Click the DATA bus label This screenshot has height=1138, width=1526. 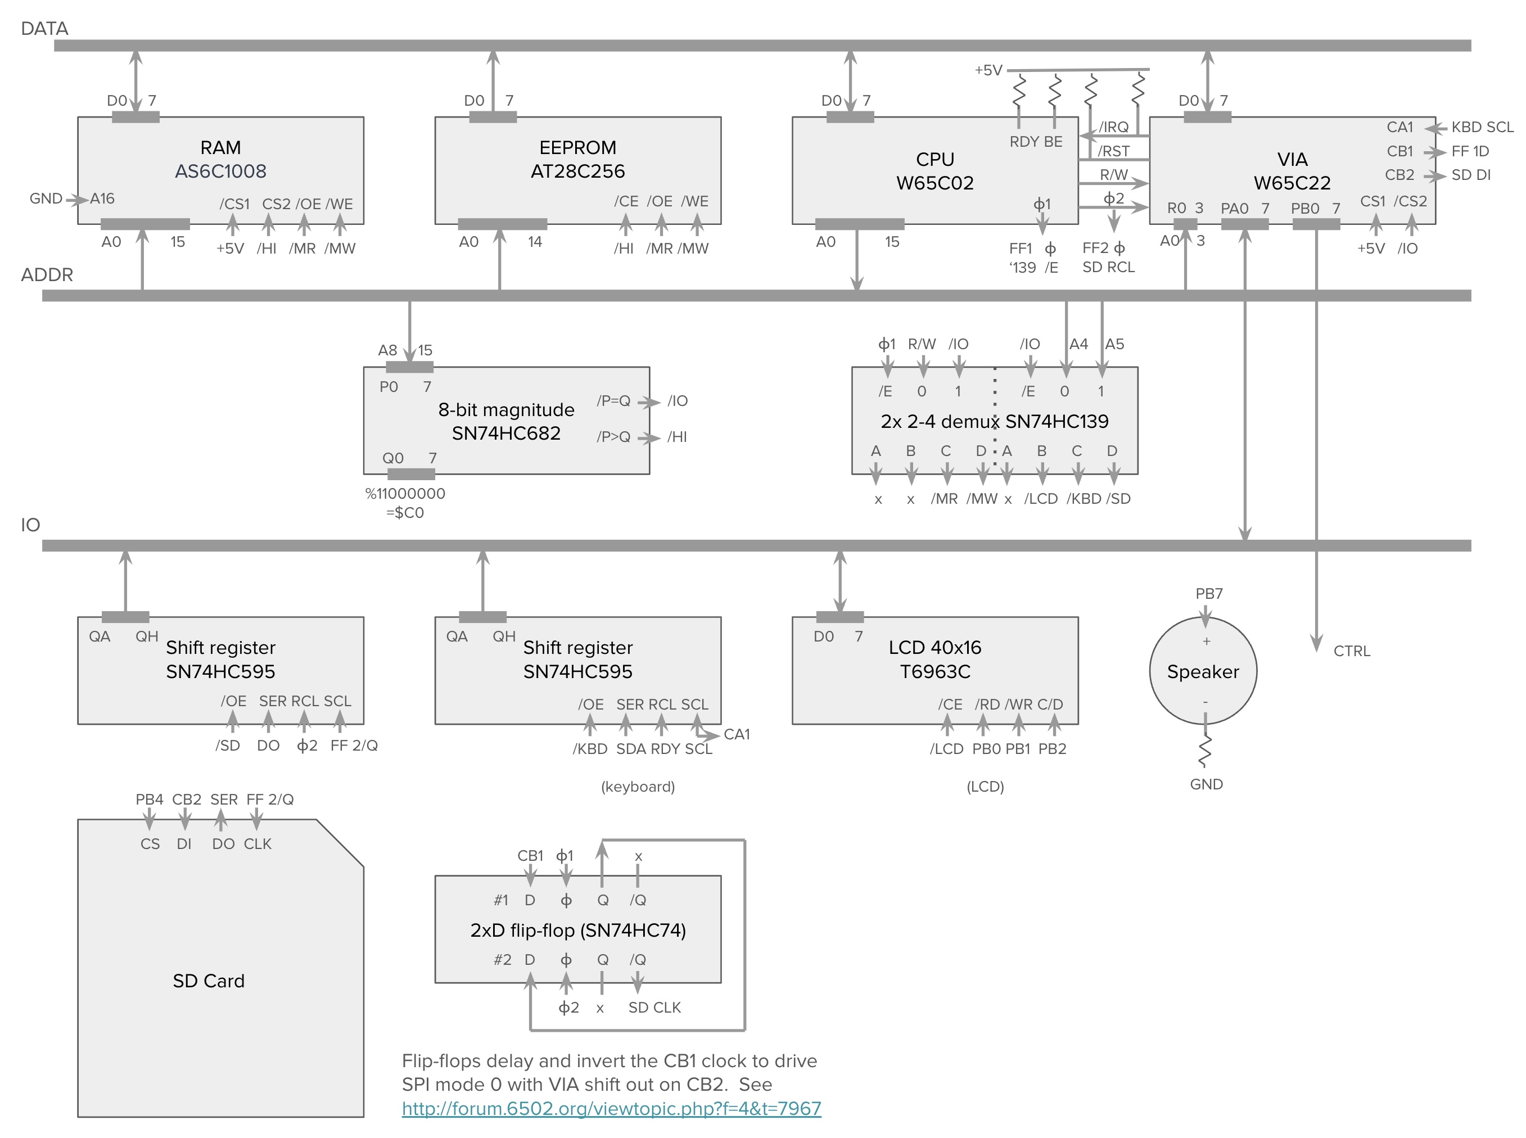click(45, 28)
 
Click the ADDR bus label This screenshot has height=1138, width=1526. click(47, 275)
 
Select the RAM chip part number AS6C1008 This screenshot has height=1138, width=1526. click(220, 171)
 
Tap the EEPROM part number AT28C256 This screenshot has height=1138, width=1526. click(577, 171)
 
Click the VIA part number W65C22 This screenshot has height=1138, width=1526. click(1292, 183)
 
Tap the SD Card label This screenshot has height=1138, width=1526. click(209, 981)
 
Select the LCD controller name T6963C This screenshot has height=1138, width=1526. click(935, 672)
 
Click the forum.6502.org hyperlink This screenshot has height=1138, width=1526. click(611, 1108)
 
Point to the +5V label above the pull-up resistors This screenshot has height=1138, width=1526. click(988, 70)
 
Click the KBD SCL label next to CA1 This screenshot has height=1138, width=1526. click(1482, 128)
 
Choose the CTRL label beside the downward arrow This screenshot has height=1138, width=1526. click(1352, 651)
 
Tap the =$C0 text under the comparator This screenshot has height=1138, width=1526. click(405, 513)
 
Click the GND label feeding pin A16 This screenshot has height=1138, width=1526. click(46, 198)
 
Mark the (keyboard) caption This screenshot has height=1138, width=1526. click(638, 787)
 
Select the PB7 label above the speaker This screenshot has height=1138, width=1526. click(1209, 593)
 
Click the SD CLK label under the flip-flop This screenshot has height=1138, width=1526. click(654, 1007)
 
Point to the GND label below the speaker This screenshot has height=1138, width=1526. click(1206, 784)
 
